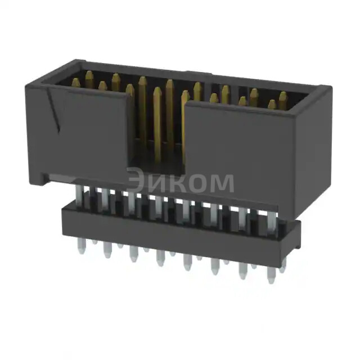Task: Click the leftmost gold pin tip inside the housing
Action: [75, 82]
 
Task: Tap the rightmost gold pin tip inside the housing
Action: [283, 96]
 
